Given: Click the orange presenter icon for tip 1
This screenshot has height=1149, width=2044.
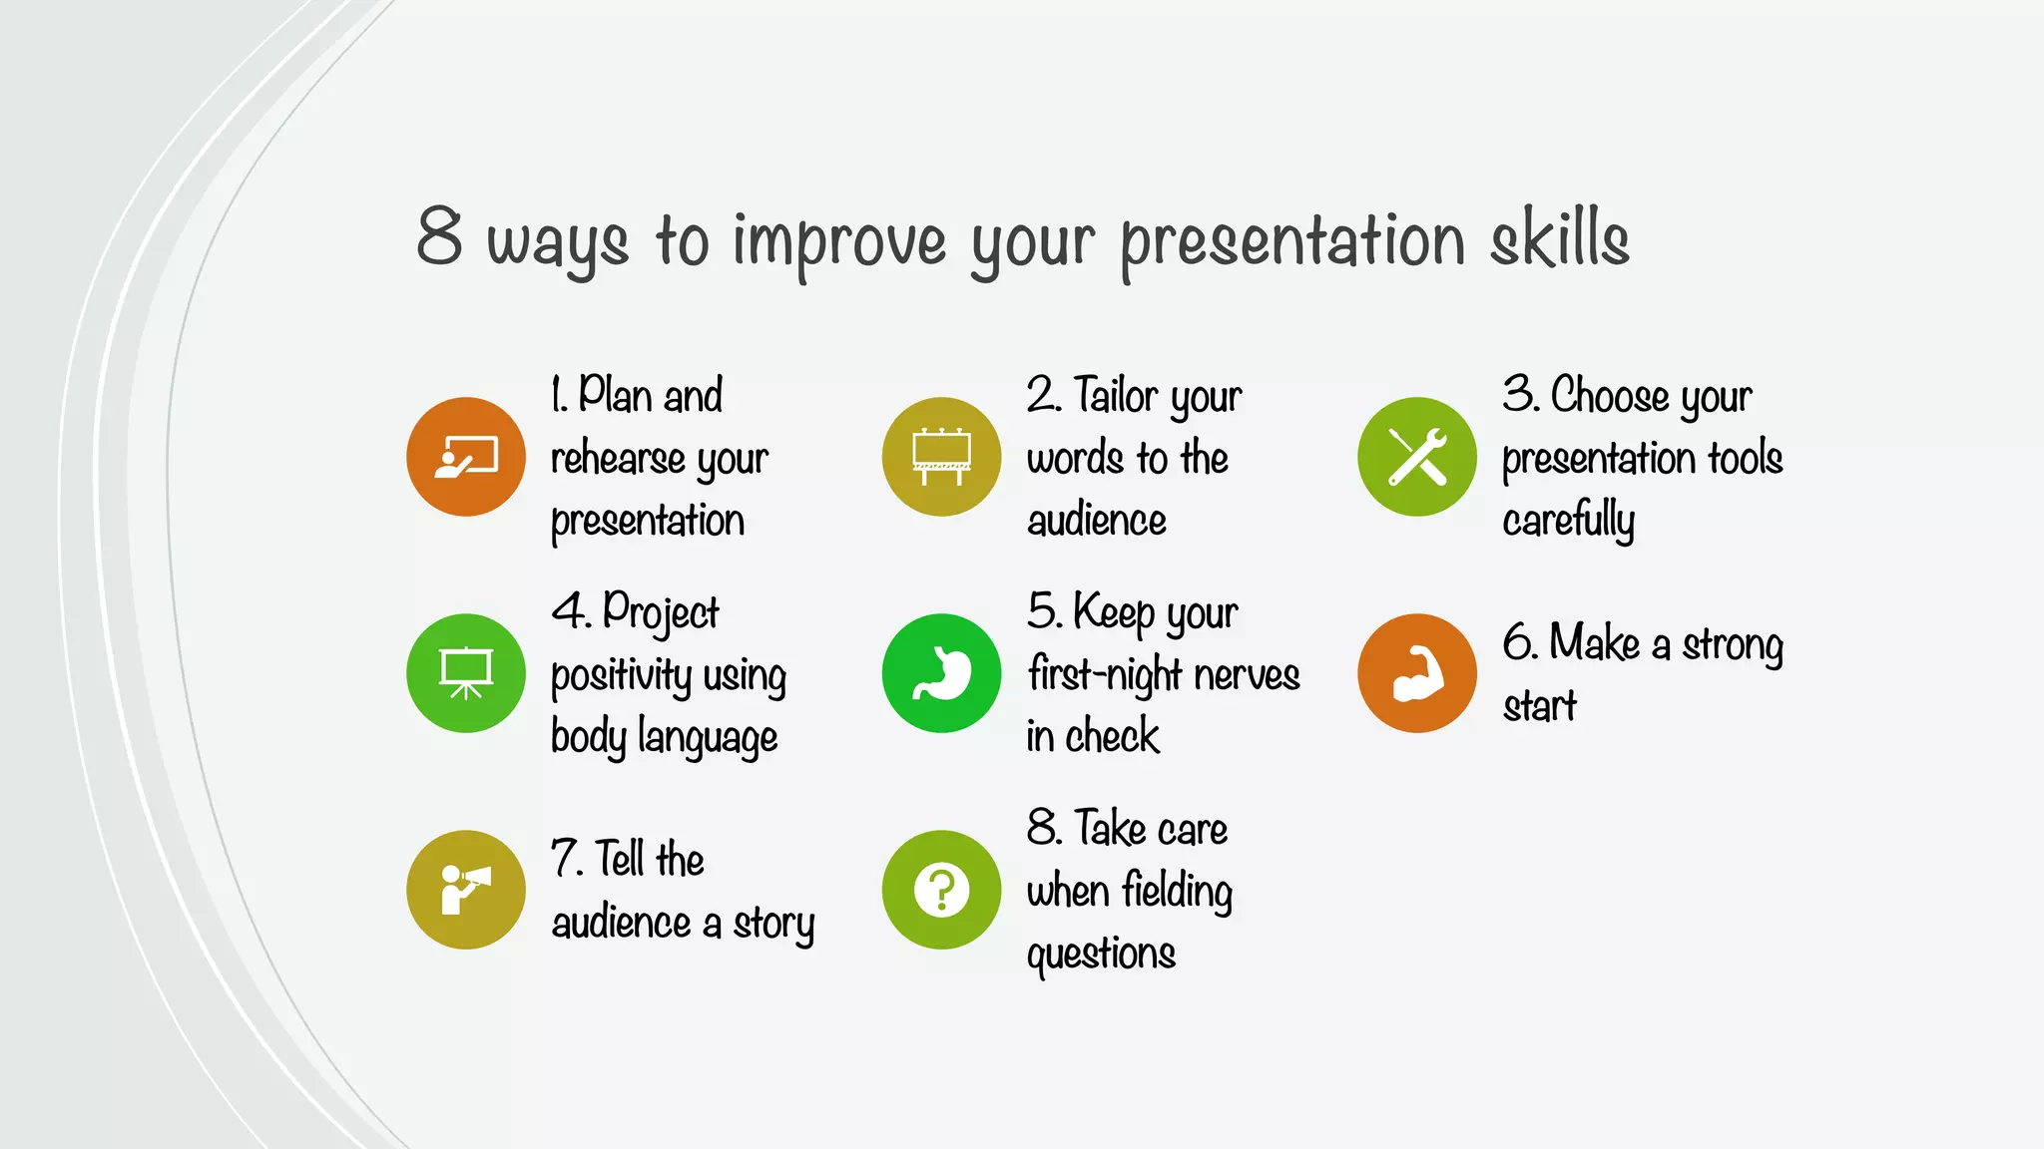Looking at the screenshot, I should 465,457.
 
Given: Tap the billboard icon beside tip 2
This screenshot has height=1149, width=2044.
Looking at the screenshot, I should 941,457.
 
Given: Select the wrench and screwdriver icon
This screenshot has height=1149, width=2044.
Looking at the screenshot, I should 1416,457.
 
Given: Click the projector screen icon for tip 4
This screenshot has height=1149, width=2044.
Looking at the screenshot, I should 465,673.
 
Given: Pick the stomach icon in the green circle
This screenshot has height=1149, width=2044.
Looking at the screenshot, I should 941,673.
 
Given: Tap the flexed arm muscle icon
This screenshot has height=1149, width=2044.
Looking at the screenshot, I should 1416,673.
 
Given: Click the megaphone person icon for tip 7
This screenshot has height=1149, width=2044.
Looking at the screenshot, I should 465,890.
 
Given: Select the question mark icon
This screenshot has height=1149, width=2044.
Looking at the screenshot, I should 941,890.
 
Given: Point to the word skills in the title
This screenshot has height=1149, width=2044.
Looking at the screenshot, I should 1559,239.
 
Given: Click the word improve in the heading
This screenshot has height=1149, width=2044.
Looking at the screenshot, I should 839,241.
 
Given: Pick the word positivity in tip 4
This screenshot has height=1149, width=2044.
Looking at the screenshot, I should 621,676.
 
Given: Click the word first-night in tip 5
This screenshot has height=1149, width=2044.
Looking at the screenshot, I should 1105,675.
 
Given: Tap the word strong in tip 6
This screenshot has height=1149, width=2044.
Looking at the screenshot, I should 1733,645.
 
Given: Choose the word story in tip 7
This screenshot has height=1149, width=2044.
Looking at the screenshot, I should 773,924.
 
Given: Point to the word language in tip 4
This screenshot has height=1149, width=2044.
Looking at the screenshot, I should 708,739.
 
